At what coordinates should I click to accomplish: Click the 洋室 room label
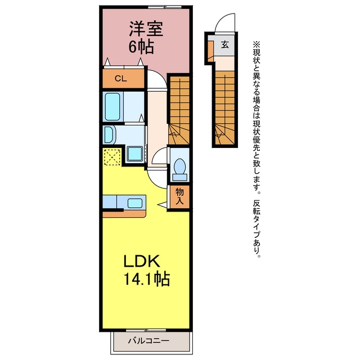146,29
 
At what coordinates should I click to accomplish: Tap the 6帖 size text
141,47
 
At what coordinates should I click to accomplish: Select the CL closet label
121,79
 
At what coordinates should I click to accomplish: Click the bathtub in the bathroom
112,106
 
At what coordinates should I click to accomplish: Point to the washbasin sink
109,135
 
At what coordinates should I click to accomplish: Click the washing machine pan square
135,154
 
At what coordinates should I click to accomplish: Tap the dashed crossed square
112,157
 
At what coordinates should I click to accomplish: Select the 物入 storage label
179,196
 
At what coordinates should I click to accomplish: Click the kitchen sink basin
135,203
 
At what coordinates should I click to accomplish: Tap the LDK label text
142,261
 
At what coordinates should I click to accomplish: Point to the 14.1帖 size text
147,279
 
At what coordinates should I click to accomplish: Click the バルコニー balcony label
148,340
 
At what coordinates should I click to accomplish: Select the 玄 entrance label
225,44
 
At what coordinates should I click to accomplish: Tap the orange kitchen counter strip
124,214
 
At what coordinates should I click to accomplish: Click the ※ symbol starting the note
256,44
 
